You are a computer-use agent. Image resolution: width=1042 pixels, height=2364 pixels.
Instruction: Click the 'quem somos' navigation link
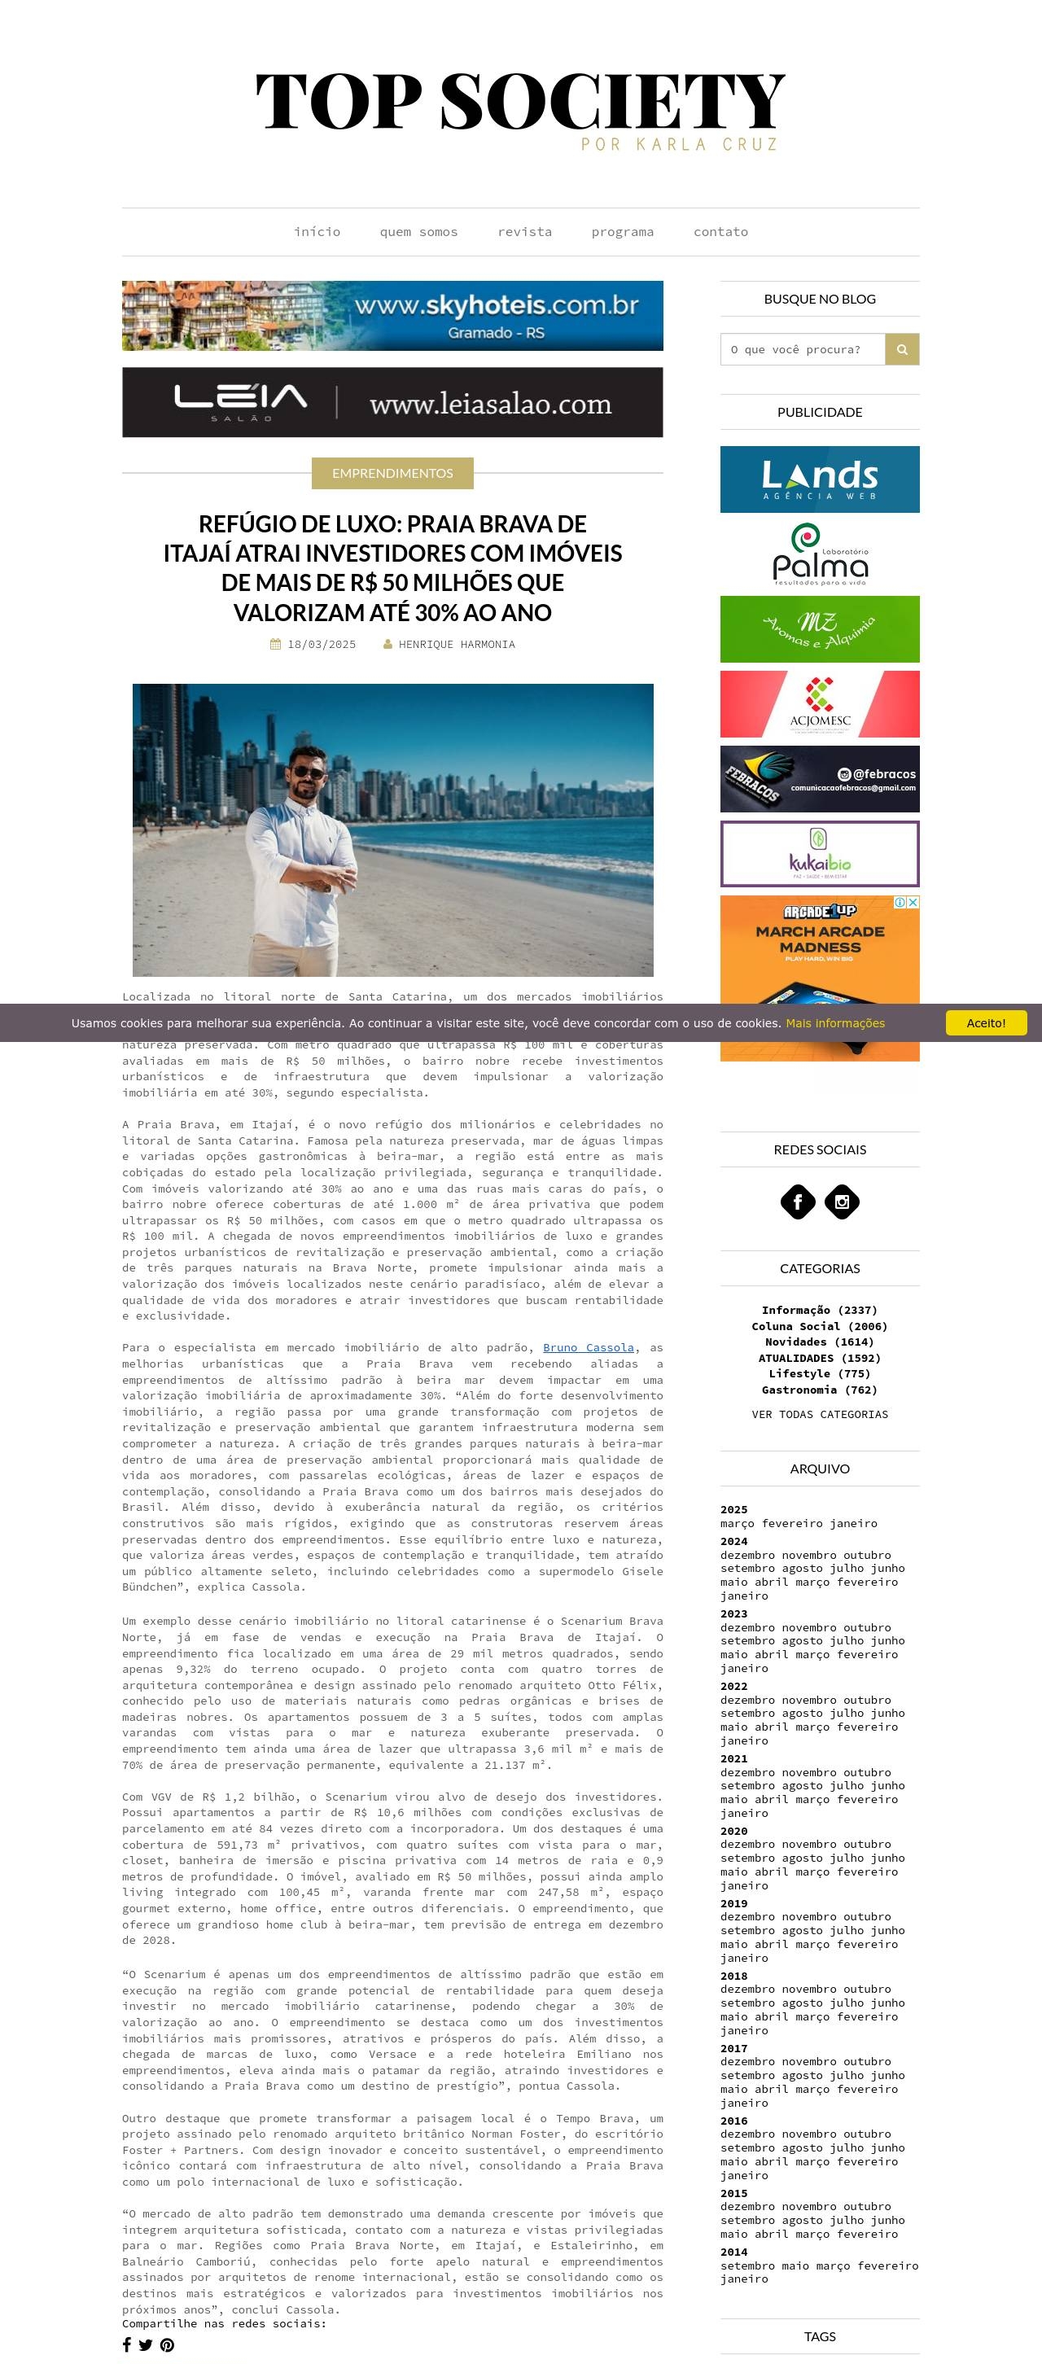coord(418,232)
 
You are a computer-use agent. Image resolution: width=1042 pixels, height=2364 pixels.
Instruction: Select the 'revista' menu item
coord(524,232)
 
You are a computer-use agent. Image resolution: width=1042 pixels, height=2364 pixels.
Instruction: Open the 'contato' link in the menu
coord(720,232)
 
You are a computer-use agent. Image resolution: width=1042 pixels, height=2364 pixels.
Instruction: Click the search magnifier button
coord(901,350)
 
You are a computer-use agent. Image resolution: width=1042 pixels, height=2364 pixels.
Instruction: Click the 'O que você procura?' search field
coord(803,350)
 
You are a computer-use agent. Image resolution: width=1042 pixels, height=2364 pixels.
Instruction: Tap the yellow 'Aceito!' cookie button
coord(985,1023)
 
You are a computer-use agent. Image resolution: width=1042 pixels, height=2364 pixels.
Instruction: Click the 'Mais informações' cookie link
coord(834,1023)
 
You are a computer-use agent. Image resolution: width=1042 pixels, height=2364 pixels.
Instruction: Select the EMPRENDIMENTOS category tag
coord(392,474)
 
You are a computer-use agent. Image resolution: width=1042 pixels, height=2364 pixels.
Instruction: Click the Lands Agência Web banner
coord(819,479)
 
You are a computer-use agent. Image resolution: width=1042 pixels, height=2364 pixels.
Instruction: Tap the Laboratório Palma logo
coord(819,554)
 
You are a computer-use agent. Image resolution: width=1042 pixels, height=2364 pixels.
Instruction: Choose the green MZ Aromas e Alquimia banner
coord(819,629)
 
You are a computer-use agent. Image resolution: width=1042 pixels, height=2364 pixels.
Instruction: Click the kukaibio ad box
coord(819,855)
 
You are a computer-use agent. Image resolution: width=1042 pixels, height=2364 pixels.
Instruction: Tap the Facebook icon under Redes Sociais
coord(798,1202)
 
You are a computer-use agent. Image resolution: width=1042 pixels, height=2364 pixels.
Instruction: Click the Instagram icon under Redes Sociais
coord(842,1202)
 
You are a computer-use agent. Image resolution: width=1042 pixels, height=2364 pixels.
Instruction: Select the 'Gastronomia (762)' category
coord(819,1390)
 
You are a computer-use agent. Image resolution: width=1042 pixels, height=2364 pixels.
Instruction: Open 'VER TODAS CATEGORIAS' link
coord(819,1415)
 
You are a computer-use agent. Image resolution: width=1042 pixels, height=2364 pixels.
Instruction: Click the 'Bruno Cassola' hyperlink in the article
coord(588,1348)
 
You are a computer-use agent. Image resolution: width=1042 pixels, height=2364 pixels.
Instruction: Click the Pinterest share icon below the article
coord(167,2345)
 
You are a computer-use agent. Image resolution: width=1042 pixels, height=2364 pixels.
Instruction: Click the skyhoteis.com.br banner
coord(392,316)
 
